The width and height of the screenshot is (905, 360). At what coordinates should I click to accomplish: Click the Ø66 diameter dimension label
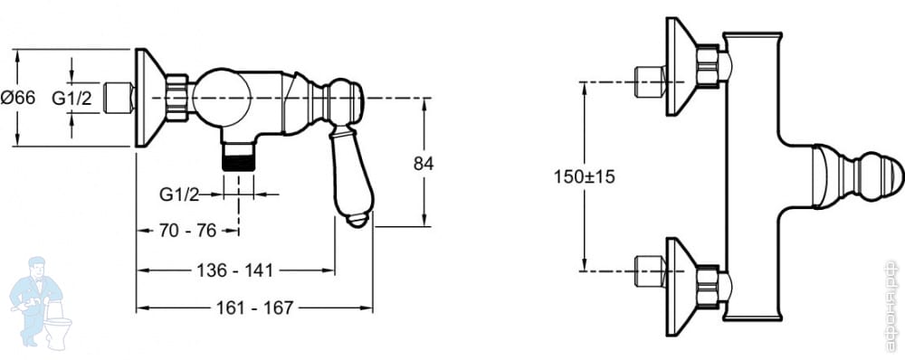click(17, 98)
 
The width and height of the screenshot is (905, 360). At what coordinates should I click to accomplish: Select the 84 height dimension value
click(423, 164)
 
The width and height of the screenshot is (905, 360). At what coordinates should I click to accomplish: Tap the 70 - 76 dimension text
click(187, 231)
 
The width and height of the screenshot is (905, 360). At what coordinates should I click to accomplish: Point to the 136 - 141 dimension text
click(235, 270)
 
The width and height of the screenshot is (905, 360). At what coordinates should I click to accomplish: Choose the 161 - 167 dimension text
click(254, 308)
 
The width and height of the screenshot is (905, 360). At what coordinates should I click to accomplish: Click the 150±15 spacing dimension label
click(584, 176)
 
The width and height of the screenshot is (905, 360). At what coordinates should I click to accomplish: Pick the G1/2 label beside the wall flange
click(71, 98)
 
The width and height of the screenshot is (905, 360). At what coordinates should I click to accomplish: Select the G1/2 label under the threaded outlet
click(179, 195)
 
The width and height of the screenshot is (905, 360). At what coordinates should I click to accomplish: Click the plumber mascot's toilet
click(58, 325)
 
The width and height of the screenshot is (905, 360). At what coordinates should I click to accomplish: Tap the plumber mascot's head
click(37, 268)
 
